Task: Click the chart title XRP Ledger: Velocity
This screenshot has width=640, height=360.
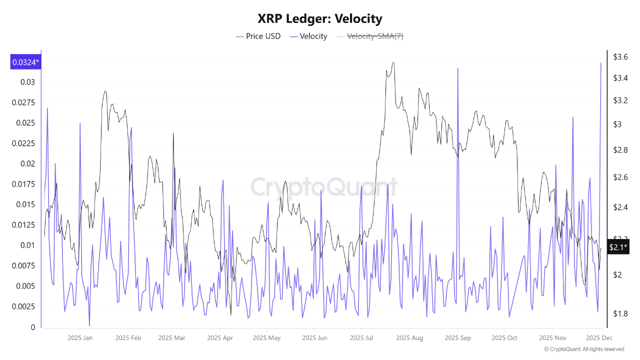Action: point(320,19)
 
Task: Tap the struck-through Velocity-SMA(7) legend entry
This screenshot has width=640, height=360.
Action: point(370,36)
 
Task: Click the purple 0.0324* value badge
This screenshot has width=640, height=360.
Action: point(25,62)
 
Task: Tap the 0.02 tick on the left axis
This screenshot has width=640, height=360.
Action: point(27,163)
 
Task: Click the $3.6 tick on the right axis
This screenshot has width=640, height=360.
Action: point(620,57)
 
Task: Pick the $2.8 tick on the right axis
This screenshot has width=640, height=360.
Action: point(620,150)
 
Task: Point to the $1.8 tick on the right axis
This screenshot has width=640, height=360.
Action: point(620,313)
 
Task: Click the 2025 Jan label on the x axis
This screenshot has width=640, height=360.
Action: point(80,338)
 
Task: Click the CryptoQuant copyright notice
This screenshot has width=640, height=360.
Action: point(583,349)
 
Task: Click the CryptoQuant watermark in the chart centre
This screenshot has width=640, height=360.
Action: point(324,187)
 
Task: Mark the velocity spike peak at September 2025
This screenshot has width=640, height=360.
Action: point(457,68)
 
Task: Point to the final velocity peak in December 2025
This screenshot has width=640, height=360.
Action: point(600,63)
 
